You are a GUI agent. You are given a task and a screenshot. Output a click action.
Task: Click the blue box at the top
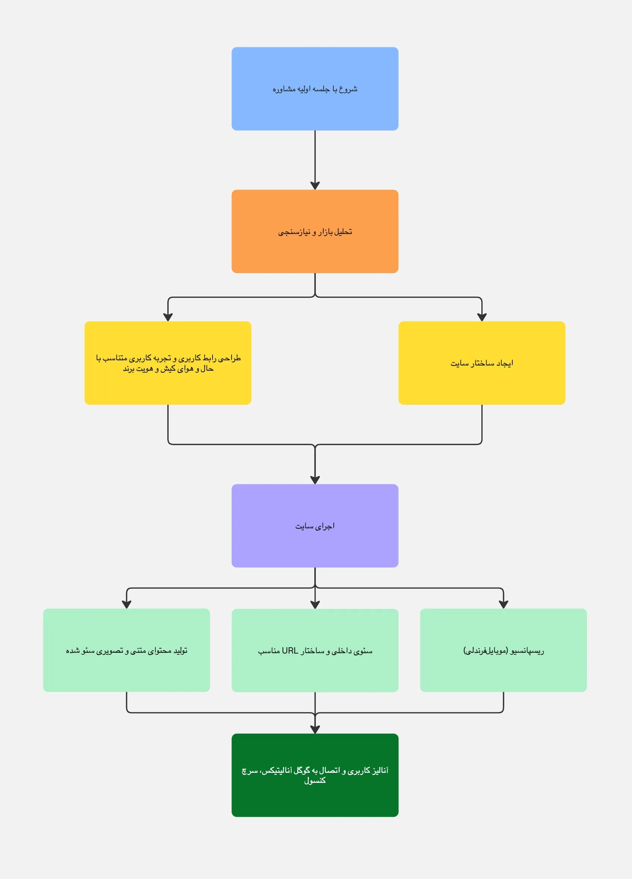[315, 89]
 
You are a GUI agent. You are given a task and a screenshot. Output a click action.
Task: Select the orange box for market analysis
[315, 231]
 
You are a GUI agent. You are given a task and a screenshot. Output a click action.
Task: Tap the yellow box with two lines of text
[168, 363]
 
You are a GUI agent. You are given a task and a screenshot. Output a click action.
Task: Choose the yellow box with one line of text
[482, 363]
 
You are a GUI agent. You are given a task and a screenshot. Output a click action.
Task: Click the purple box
[315, 525]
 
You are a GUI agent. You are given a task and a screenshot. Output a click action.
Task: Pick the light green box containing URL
[315, 650]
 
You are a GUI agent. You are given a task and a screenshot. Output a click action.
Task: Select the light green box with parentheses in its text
[504, 650]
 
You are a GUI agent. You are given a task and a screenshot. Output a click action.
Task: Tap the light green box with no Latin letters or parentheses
[126, 650]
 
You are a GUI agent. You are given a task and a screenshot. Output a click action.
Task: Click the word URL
[290, 651]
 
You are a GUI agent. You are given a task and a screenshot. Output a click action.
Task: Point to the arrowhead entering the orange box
[315, 186]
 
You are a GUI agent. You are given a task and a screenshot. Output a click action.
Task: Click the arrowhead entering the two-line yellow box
[168, 317]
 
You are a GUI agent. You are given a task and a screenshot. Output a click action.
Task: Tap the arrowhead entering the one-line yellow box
[482, 317]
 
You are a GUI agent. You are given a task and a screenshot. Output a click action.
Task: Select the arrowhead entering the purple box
[315, 480]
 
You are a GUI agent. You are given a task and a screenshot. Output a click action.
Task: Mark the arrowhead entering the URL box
[315, 605]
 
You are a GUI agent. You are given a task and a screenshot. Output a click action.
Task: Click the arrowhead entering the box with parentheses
[504, 605]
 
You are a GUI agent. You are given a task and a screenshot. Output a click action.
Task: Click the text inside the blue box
[315, 89]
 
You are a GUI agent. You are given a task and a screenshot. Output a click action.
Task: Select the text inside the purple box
[315, 526]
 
